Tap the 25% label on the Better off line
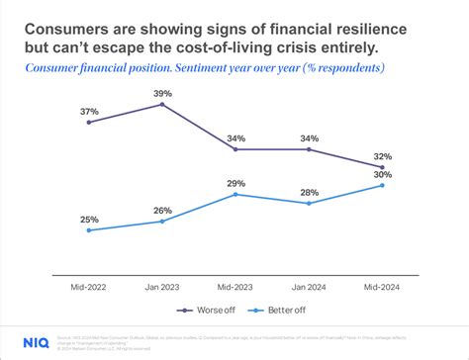pos(88,219)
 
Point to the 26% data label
pos(162,210)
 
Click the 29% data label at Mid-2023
pos(235,184)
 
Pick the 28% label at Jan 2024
pos(309,193)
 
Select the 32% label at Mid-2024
pos(383,155)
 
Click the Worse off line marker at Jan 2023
pos(162,104)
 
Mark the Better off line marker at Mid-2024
pos(383,185)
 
